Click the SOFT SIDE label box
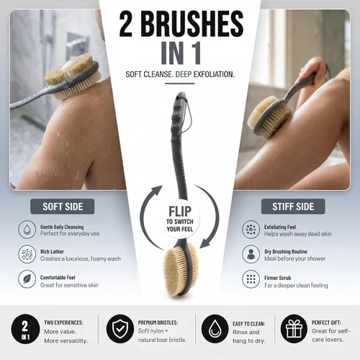(x=63, y=207)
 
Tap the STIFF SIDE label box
(x=293, y=207)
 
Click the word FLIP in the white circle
(x=180, y=212)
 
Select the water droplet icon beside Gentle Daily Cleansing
(x=27, y=230)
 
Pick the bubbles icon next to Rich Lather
(x=27, y=254)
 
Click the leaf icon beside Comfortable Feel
(x=27, y=279)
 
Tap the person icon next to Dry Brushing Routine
(x=251, y=254)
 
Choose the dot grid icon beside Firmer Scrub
(x=251, y=279)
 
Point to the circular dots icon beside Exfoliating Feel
(x=251, y=230)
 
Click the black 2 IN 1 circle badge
(x=25, y=329)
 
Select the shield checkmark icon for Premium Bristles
(x=120, y=328)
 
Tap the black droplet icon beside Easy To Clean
(x=215, y=329)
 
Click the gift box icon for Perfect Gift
(x=294, y=328)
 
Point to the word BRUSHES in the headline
(x=194, y=24)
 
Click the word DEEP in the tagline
(x=184, y=74)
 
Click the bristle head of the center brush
(x=181, y=269)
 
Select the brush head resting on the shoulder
(x=72, y=77)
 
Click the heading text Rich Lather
(x=52, y=251)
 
